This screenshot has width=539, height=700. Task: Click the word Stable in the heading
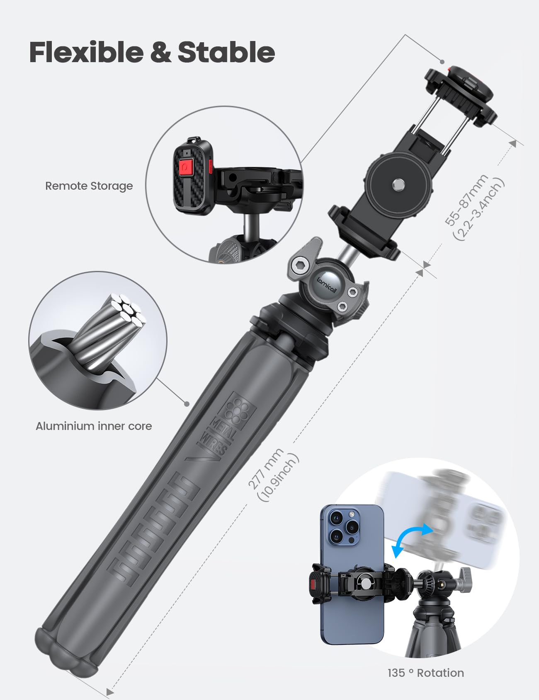[226, 52]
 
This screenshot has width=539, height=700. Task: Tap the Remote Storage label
[89, 186]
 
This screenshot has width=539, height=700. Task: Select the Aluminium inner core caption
[94, 426]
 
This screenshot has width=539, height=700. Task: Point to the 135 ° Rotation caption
[426, 673]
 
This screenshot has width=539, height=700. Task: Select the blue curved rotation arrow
[412, 540]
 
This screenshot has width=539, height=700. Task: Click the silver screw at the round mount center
[398, 183]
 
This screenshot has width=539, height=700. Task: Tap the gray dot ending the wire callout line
[187, 403]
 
